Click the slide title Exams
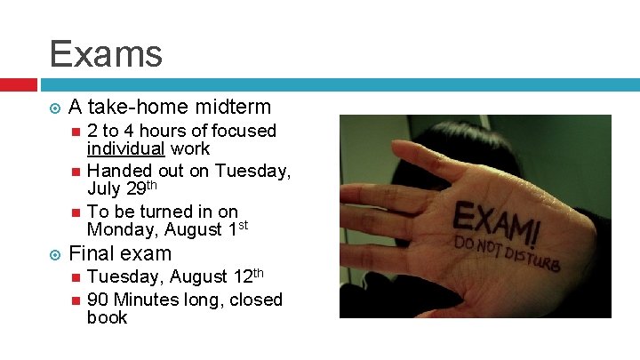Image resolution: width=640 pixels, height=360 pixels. tap(106, 53)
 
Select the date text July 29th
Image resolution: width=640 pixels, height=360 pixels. tap(121, 188)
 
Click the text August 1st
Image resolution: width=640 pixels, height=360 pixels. tap(204, 228)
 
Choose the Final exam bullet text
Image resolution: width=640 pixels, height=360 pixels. tap(120, 253)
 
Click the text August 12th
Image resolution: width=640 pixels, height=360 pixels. tap(223, 276)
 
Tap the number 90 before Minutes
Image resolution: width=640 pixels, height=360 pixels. tap(98, 300)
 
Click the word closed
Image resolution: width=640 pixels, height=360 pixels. tap(255, 300)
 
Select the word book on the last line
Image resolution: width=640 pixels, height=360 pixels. tap(108, 317)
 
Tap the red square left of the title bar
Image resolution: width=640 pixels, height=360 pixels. tap(18, 85)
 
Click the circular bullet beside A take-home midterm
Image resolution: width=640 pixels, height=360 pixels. tap(55, 108)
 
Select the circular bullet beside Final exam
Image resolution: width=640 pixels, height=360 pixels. tap(55, 254)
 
